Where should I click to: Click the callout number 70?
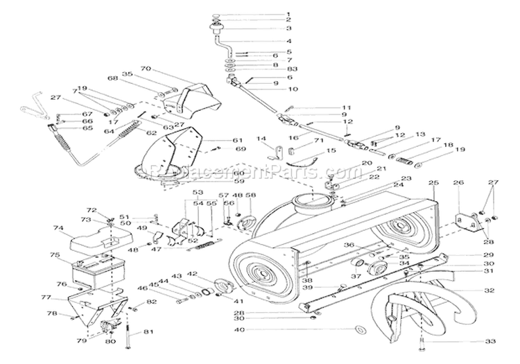(x=145, y=69)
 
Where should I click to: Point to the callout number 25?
(x=433, y=182)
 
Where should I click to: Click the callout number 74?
(x=58, y=228)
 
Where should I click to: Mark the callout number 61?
(x=238, y=139)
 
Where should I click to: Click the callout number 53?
(x=198, y=192)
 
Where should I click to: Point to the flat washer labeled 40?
(x=360, y=329)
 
